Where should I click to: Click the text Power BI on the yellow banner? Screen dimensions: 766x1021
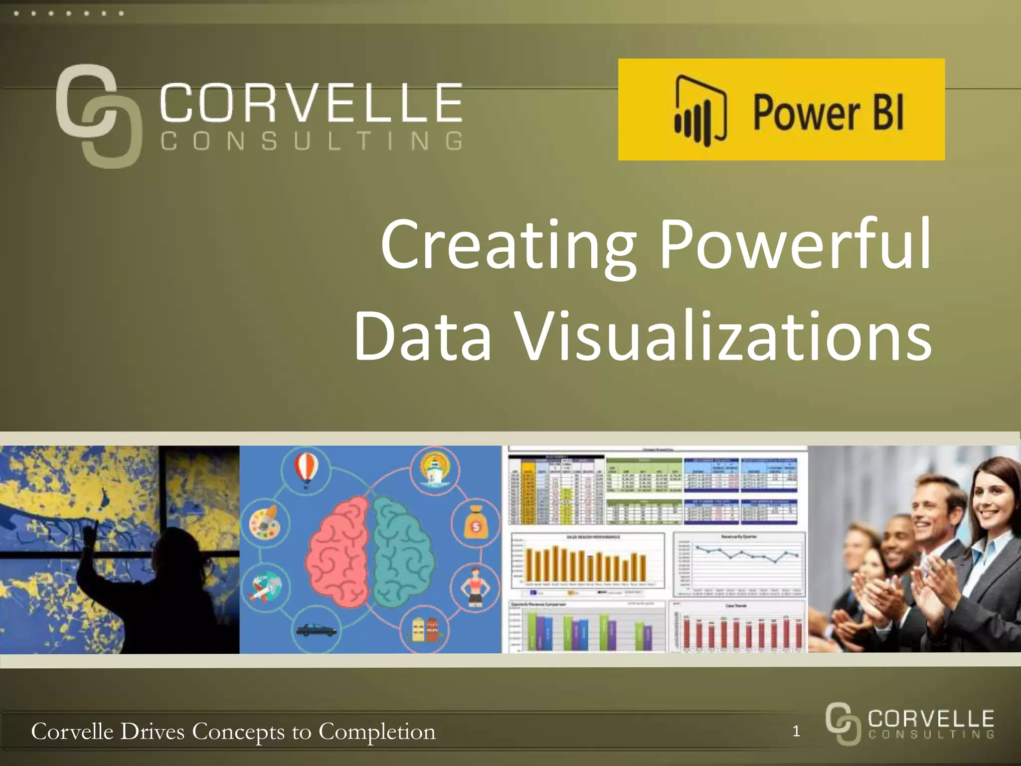click(828, 112)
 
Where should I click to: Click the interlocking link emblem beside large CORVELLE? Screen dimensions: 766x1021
click(97, 116)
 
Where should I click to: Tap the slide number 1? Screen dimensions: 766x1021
click(796, 731)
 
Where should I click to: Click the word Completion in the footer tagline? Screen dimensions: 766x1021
click(376, 732)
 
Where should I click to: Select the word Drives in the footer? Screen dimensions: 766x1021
click(152, 731)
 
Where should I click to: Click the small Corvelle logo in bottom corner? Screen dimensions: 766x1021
click(910, 723)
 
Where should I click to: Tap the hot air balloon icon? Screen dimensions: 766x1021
click(306, 469)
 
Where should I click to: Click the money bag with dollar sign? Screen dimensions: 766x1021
click(475, 523)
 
